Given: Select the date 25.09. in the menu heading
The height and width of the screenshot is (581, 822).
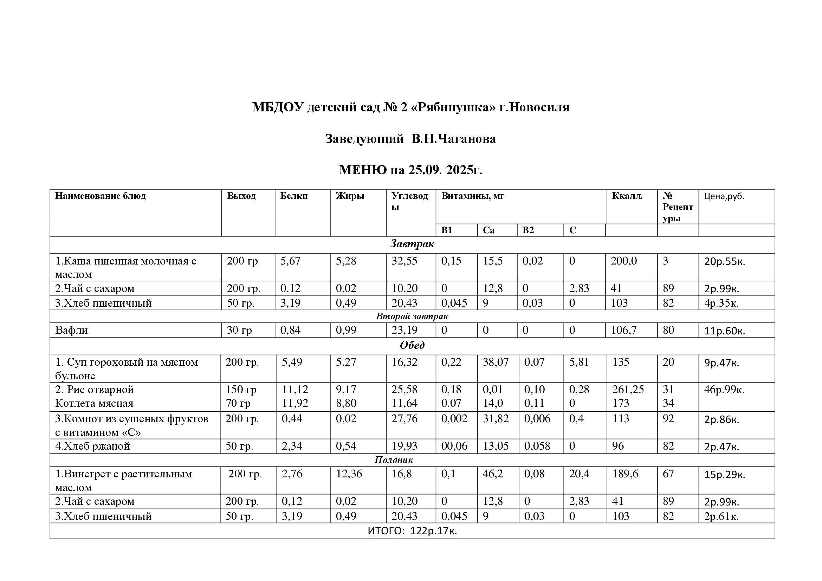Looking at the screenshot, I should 424,170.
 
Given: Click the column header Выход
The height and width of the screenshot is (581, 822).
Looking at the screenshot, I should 241,196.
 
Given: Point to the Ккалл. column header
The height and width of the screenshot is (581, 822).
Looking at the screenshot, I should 627,196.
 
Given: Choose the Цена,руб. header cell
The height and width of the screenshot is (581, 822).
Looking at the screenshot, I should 724,196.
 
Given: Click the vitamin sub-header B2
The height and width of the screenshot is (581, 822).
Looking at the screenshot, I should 528,230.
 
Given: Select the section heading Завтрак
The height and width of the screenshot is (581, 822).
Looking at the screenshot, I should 412,244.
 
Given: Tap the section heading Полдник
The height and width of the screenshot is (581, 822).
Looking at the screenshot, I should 394,460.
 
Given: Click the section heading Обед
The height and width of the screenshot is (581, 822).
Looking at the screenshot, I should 412,345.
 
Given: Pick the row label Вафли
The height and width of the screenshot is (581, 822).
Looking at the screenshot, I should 71,330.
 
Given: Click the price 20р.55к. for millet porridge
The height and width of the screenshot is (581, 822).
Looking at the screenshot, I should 724,262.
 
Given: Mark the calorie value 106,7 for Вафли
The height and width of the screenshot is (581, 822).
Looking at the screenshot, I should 624,330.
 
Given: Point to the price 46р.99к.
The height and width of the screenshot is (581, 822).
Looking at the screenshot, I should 724,390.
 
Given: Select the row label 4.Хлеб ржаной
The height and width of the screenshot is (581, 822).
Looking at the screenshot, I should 92,446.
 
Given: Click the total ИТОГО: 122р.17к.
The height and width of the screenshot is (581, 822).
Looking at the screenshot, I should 412,531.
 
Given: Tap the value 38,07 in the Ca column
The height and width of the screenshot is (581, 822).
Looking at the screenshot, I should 496,363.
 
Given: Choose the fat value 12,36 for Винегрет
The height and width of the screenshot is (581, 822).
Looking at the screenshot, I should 349,474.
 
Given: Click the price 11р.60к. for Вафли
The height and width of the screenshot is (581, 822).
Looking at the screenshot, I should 724,331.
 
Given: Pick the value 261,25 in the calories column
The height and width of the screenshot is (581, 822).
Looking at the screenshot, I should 628,390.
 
